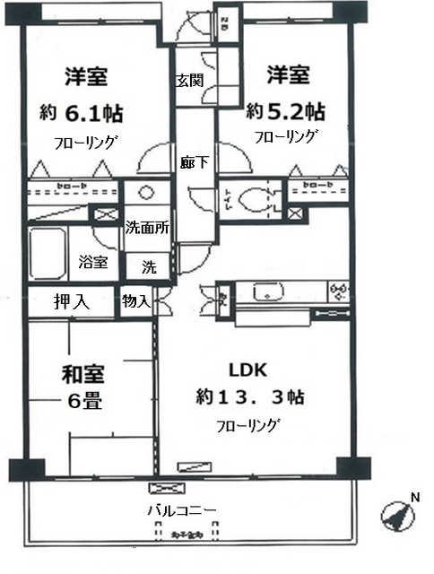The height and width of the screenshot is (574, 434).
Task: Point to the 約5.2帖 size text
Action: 286,113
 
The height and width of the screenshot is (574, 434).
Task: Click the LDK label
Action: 247,370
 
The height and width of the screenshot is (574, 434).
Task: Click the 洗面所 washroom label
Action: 147,227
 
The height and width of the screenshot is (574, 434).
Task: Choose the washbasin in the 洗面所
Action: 143,195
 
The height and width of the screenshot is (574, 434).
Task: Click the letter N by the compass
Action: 413,497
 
